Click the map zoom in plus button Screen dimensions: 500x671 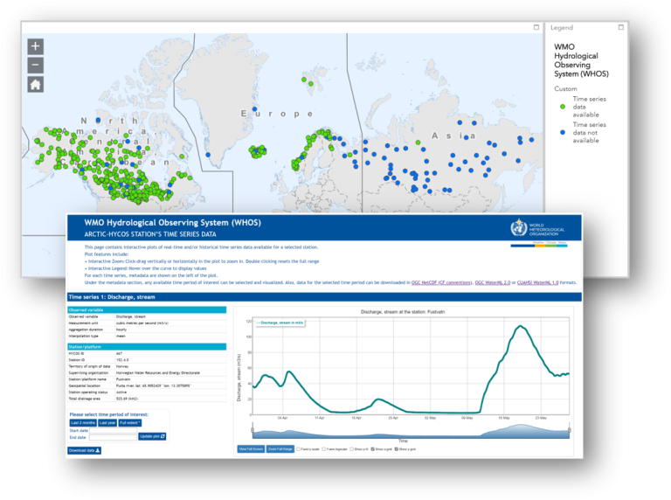[x=35, y=46]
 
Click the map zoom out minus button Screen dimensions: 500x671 [x=35, y=65]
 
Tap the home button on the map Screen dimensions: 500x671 [x=35, y=85]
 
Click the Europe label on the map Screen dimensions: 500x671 [x=277, y=114]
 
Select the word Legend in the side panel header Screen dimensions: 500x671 [x=562, y=28]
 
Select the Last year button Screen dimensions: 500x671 [x=107, y=422]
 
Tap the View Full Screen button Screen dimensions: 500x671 [x=251, y=448]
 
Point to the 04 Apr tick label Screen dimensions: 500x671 [x=282, y=418]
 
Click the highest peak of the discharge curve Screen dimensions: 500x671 [x=522, y=327]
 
